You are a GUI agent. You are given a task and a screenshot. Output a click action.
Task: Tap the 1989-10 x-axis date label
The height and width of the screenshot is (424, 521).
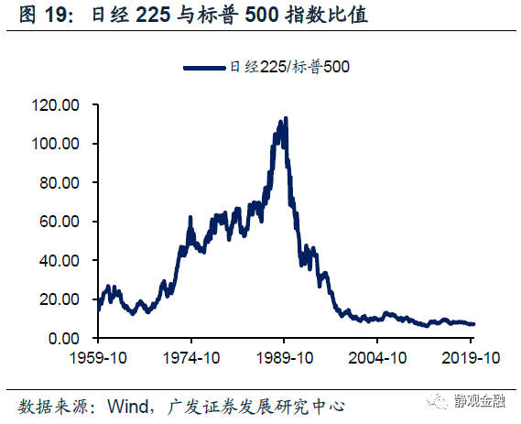(x=285, y=358)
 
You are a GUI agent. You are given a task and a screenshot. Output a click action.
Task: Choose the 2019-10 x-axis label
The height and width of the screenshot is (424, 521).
(x=472, y=358)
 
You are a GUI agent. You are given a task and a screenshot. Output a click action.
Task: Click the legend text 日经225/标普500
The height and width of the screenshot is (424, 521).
(x=290, y=67)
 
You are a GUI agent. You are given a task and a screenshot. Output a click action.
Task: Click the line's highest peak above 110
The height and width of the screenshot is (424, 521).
(x=287, y=118)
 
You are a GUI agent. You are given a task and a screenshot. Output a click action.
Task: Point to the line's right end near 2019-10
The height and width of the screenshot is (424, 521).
(x=474, y=324)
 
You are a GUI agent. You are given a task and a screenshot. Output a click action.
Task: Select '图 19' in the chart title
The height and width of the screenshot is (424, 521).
(x=31, y=16)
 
